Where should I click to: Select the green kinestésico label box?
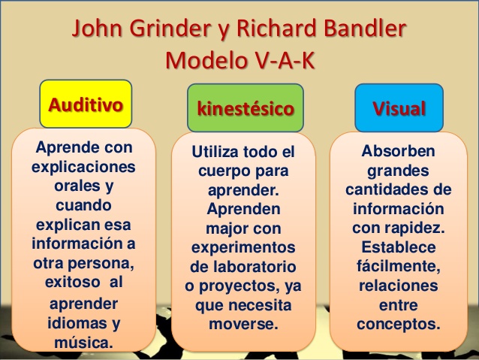(x=245, y=107)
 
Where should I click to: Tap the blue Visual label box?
(x=399, y=107)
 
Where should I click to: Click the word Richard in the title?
(x=270, y=31)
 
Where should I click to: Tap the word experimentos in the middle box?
(x=244, y=247)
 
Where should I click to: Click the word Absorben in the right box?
(x=399, y=150)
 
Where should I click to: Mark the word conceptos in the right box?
(x=398, y=325)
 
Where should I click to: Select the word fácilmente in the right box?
(x=398, y=267)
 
